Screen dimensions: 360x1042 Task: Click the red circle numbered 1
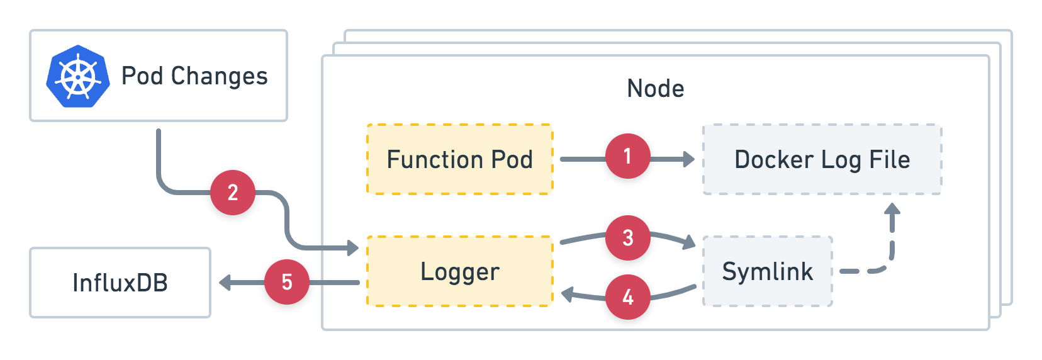click(x=627, y=156)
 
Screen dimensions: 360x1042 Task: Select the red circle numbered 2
click(x=232, y=193)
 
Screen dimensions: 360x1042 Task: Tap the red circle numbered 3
click(x=627, y=238)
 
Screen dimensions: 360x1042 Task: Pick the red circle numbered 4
click(x=627, y=297)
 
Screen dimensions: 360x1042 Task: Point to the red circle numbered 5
click(x=287, y=282)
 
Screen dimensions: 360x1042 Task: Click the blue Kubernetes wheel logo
click(x=78, y=76)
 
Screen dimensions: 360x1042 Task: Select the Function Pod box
click(x=459, y=159)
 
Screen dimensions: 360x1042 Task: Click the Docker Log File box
click(x=822, y=159)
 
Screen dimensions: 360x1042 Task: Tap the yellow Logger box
click(x=459, y=271)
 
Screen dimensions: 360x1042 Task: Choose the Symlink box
click(x=767, y=271)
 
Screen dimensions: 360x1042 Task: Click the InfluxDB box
click(x=120, y=283)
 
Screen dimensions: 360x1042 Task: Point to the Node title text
click(x=655, y=89)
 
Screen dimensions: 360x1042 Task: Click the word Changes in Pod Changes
click(x=220, y=76)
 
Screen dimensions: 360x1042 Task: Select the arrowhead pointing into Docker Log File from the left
click(x=689, y=159)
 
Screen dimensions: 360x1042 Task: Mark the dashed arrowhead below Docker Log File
click(x=892, y=209)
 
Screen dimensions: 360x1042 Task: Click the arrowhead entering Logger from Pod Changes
click(x=353, y=247)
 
